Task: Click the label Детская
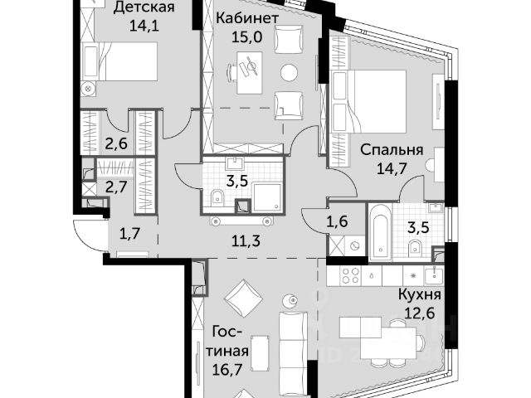coord(144,7)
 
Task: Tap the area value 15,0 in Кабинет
coord(247,36)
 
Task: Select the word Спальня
coord(392,149)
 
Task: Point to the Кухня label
coord(420,294)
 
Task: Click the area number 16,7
coord(228,369)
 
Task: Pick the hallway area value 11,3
coord(246,241)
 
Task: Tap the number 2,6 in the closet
coord(116,143)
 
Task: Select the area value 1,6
coord(337,221)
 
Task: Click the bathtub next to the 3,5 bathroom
coord(380,232)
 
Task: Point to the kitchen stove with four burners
coord(350,275)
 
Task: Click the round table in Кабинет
coord(290,73)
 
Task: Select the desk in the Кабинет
coord(250,73)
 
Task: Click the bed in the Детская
coord(120,61)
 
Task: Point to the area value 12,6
coord(420,313)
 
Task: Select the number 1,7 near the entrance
coord(130,234)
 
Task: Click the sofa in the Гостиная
coord(293,356)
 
